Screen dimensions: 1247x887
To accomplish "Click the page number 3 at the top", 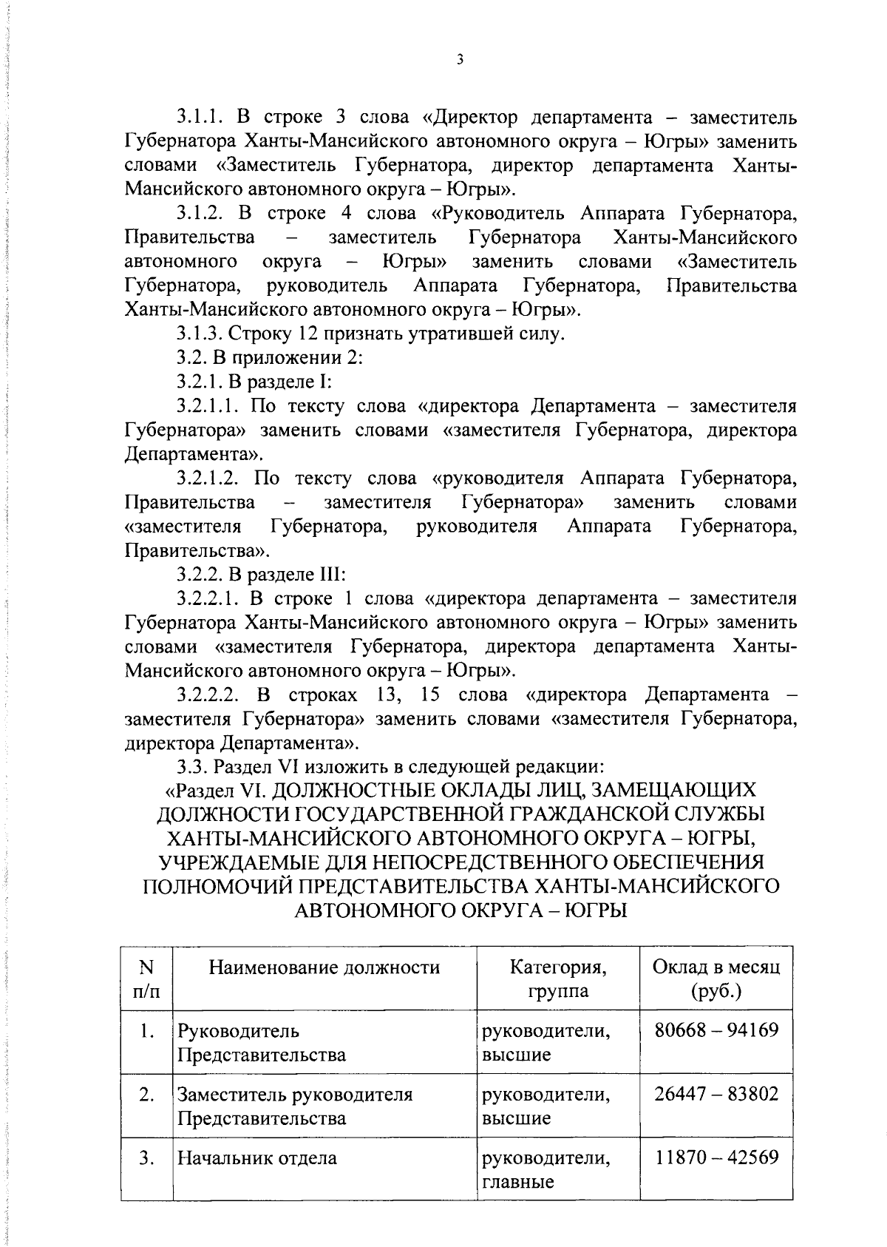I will (x=459, y=60).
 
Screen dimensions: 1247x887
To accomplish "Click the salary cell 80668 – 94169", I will (x=716, y=1030).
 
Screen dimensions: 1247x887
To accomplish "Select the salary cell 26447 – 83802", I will (x=716, y=1093).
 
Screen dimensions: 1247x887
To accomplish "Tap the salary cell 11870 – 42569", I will (x=716, y=1157).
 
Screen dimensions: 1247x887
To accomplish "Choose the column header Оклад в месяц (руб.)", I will (x=716, y=978).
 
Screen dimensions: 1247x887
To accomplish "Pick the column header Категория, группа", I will (x=558, y=978).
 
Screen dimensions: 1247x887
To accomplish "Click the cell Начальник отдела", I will (x=256, y=1158).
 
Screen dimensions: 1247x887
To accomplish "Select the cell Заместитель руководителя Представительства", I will (x=294, y=1105).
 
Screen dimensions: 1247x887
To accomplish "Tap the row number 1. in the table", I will (x=146, y=1030).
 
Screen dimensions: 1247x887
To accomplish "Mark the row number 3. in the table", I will (x=146, y=1158).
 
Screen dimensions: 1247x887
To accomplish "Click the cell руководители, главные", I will (x=546, y=1169).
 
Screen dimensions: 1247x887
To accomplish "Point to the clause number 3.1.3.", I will (x=199, y=334).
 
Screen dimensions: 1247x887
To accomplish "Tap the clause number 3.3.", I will (x=190, y=767).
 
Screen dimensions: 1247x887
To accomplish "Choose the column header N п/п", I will (x=146, y=978).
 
